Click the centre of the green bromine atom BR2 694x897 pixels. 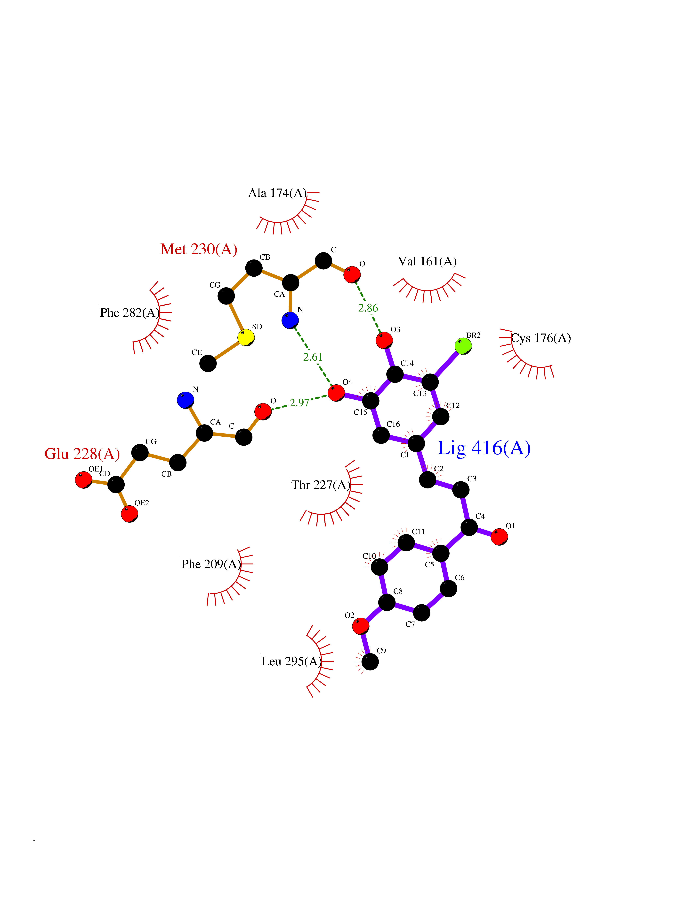pyautogui.click(x=463, y=346)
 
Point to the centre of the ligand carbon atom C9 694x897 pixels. pyautogui.click(x=370, y=662)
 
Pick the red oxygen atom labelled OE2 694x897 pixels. pyautogui.click(x=129, y=514)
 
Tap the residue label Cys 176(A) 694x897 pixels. pyautogui.click(x=541, y=338)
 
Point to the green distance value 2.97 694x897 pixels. pyautogui.click(x=299, y=403)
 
